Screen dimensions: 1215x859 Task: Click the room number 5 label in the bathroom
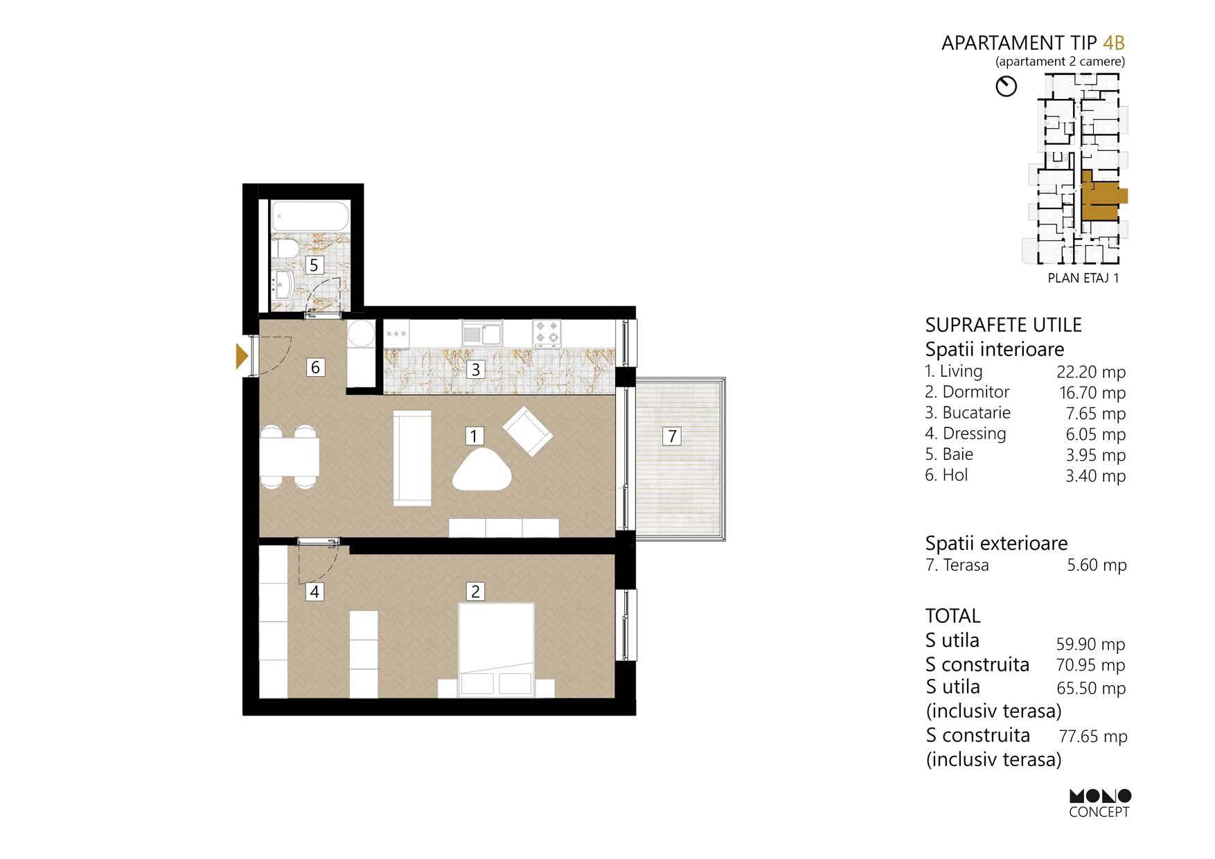pyautogui.click(x=314, y=265)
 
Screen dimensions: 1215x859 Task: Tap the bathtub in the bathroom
pyautogui.click(x=310, y=217)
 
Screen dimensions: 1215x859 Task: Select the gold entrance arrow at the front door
pyautogui.click(x=242, y=355)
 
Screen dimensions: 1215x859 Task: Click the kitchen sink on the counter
pyautogui.click(x=482, y=334)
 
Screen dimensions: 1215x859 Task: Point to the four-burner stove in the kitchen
pyautogui.click(x=547, y=333)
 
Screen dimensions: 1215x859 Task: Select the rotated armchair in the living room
pyautogui.click(x=528, y=432)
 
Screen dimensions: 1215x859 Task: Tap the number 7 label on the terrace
pyautogui.click(x=671, y=436)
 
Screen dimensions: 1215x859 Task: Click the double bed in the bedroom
pyautogui.click(x=496, y=650)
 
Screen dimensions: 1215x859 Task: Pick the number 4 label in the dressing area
pyautogui.click(x=314, y=592)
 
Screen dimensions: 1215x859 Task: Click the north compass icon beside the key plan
pyautogui.click(x=1006, y=87)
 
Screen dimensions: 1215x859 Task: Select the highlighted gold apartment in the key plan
pyautogui.click(x=1101, y=195)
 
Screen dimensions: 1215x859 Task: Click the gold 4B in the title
pyautogui.click(x=1114, y=43)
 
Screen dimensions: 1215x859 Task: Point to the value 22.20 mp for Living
pyautogui.click(x=1091, y=372)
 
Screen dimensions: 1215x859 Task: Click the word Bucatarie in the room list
pyautogui.click(x=976, y=413)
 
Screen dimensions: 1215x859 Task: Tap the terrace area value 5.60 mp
pyautogui.click(x=1097, y=565)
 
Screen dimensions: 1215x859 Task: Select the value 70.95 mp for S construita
pyautogui.click(x=1091, y=665)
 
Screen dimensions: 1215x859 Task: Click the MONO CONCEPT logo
pyautogui.click(x=1099, y=804)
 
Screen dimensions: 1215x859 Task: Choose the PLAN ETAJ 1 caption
pyautogui.click(x=1083, y=278)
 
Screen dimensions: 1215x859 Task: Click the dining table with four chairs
pyautogui.click(x=290, y=457)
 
